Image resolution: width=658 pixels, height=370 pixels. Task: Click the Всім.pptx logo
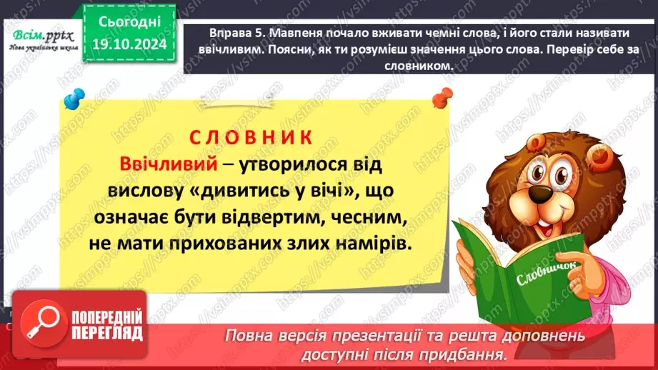(x=40, y=34)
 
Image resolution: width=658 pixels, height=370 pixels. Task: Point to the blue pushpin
(x=72, y=100)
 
